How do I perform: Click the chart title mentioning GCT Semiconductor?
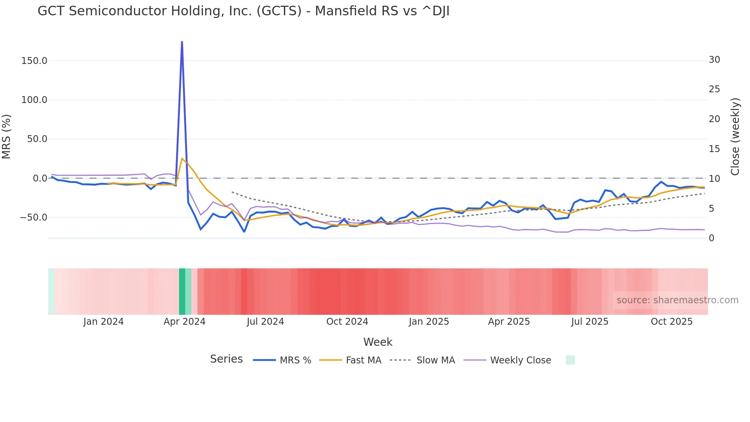pyautogui.click(x=243, y=11)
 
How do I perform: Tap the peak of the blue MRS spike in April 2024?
pyautogui.click(x=182, y=42)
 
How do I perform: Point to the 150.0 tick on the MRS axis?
pyautogui.click(x=34, y=61)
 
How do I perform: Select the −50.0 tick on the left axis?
pyautogui.click(x=34, y=218)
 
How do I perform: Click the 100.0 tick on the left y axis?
pyautogui.click(x=34, y=100)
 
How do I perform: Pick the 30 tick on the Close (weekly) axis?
pyautogui.click(x=714, y=60)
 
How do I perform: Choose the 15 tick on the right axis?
pyautogui.click(x=714, y=149)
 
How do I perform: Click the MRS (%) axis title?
pyautogui.click(x=7, y=137)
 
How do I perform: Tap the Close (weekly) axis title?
pyautogui.click(x=735, y=137)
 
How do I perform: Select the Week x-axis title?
pyautogui.click(x=378, y=342)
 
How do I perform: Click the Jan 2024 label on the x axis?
pyautogui.click(x=103, y=322)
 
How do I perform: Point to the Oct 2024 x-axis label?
pyautogui.click(x=347, y=322)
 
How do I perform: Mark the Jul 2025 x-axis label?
pyautogui.click(x=590, y=322)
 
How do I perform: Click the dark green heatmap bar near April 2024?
pyautogui.click(x=182, y=291)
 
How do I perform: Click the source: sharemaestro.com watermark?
pyautogui.click(x=677, y=300)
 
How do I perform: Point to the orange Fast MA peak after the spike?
pyautogui.click(x=182, y=158)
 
